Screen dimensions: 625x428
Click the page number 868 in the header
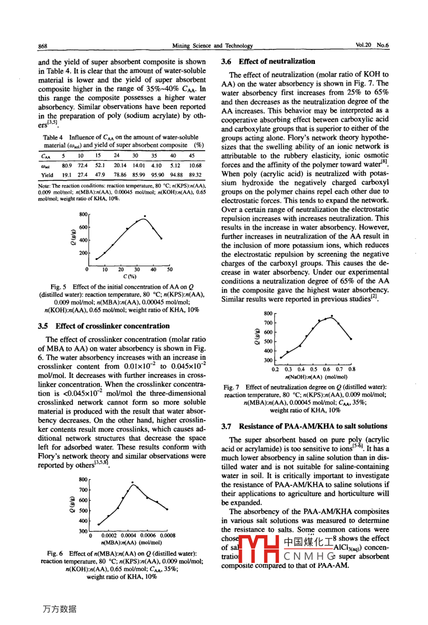[43, 46]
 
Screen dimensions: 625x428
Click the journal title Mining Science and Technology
[212, 46]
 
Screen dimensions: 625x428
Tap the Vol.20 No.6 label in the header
[372, 45]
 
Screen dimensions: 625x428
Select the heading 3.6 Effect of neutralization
[268, 61]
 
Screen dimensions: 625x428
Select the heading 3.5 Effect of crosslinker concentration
[104, 326]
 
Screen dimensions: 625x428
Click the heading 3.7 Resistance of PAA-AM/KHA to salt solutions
[304, 426]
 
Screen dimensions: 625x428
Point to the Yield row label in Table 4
[47, 175]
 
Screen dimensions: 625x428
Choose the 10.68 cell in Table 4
[195, 165]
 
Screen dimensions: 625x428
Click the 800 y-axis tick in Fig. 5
[83, 214]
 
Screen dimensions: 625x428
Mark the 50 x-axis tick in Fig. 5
[169, 269]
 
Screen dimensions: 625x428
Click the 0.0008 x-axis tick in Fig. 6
[167, 536]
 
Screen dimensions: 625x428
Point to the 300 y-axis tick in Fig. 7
[268, 360]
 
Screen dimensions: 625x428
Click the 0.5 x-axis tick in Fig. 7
[314, 369]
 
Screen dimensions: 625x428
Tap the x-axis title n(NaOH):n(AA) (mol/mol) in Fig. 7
[316, 377]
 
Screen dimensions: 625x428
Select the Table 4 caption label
[54, 137]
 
